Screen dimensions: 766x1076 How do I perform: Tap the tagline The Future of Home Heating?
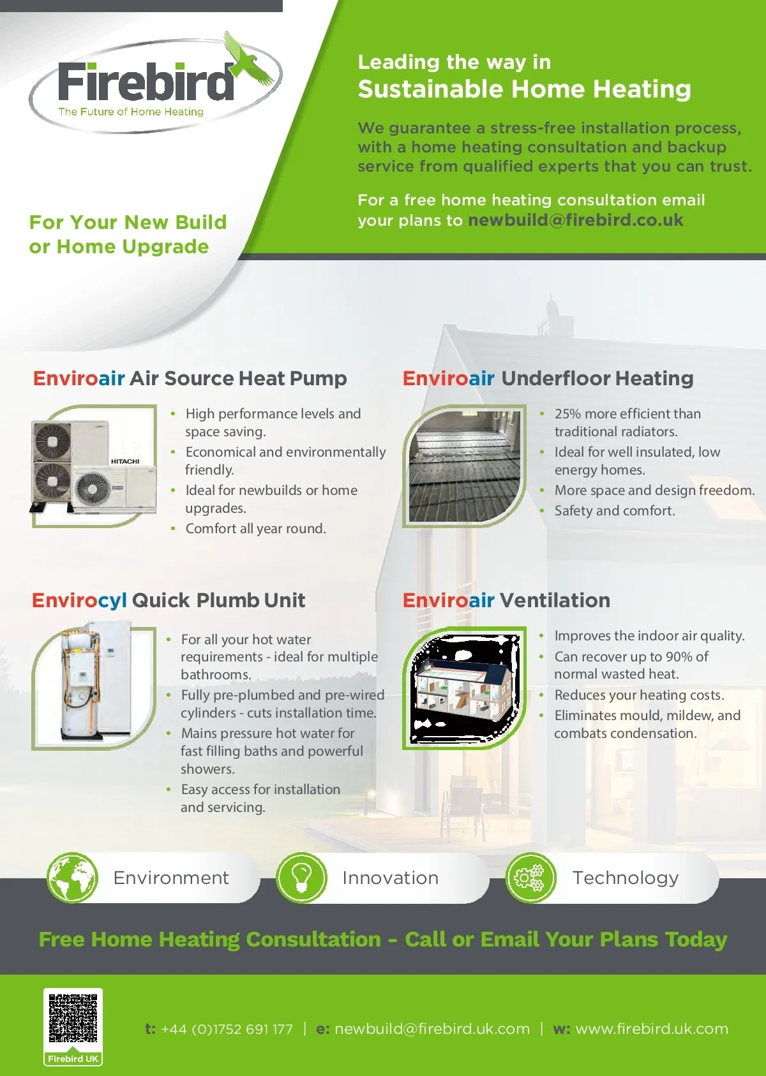[131, 112]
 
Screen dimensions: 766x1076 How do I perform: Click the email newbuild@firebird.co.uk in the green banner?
[576, 220]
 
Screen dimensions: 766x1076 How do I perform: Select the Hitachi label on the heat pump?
[125, 461]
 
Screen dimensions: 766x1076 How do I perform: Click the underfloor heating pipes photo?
[464, 466]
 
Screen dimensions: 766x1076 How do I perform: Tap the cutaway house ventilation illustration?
[464, 688]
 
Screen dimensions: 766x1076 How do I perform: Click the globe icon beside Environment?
[73, 878]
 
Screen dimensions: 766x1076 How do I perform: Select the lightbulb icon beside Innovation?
[301, 878]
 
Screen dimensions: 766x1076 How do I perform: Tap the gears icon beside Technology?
[530, 878]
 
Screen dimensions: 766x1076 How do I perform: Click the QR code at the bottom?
[73, 1018]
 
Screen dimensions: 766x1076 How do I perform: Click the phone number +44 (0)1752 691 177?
[227, 1029]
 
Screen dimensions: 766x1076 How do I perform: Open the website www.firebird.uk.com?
[652, 1029]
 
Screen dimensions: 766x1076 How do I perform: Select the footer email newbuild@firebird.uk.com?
[432, 1029]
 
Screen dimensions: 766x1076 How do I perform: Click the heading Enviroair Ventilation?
[506, 600]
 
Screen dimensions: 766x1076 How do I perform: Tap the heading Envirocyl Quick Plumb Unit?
[169, 600]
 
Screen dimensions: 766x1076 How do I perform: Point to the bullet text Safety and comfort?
[615, 511]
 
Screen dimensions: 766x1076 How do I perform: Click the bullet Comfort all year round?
[255, 528]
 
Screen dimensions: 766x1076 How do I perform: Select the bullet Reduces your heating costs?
[639, 695]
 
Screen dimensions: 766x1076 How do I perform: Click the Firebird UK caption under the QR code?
[73, 1059]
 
